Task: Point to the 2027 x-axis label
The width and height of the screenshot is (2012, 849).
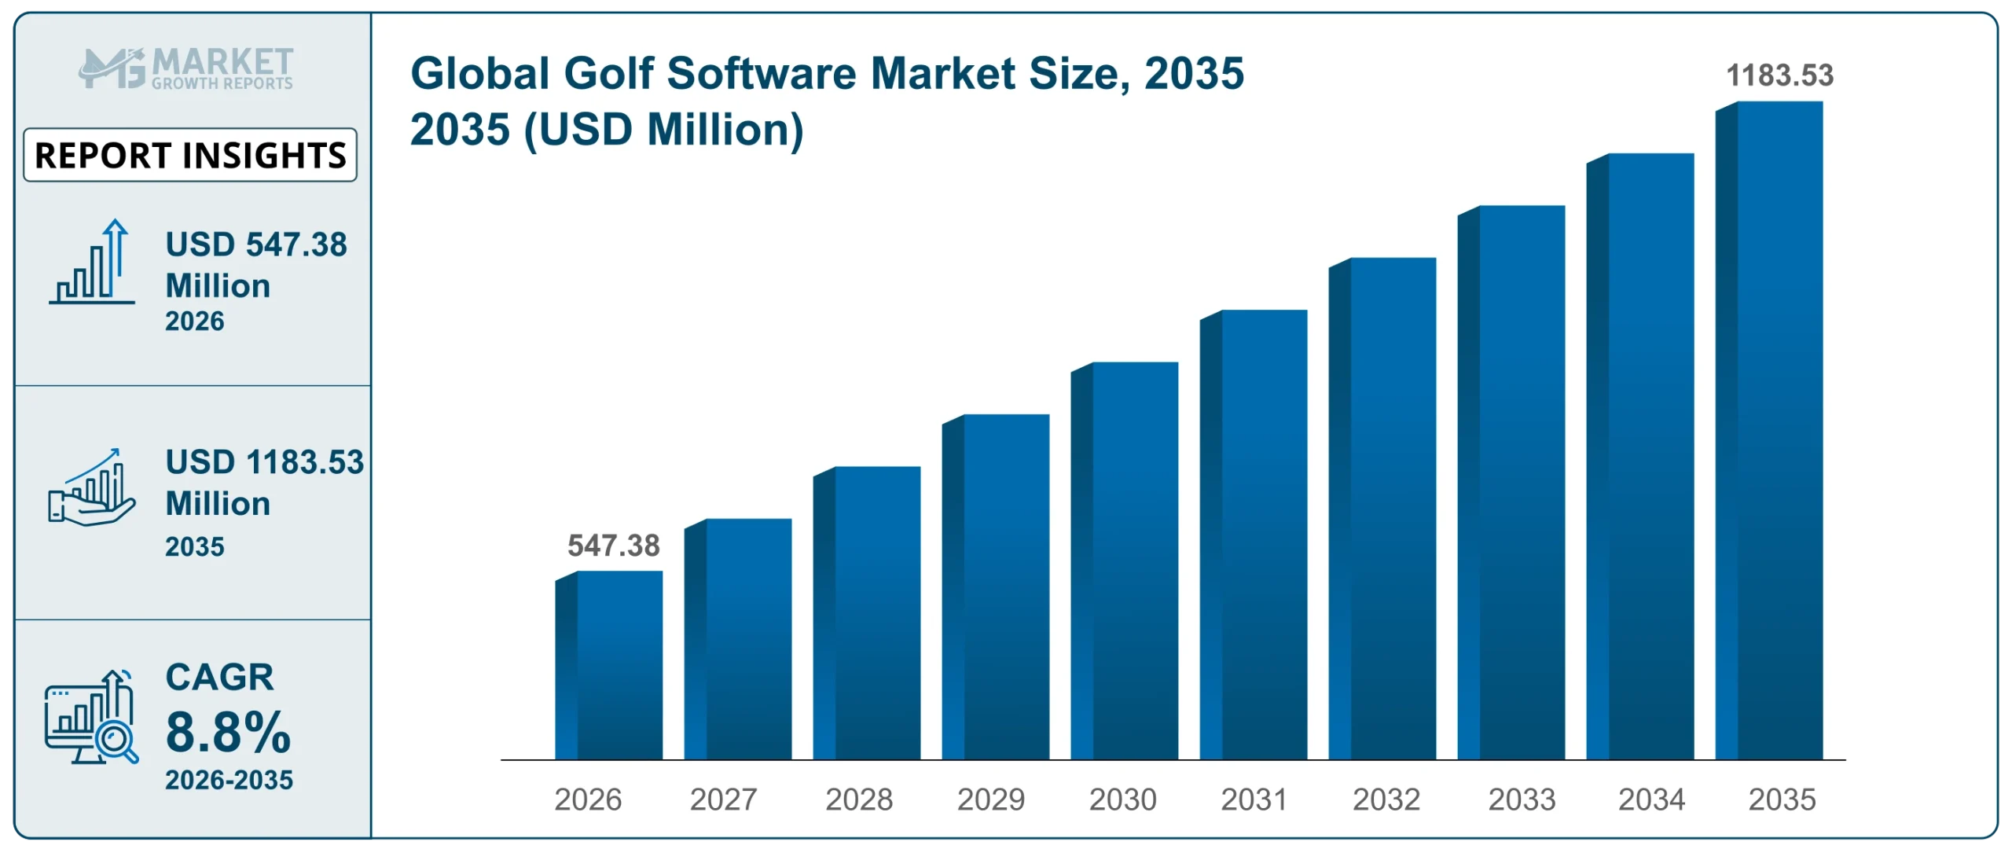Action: (x=723, y=799)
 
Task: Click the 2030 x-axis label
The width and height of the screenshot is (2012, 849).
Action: (x=1122, y=799)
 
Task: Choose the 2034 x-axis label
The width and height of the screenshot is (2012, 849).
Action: (x=1651, y=799)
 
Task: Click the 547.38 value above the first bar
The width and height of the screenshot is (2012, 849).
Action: (x=613, y=546)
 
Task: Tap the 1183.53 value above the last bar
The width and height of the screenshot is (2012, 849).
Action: (x=1779, y=75)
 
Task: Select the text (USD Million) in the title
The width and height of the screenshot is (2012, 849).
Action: (x=663, y=130)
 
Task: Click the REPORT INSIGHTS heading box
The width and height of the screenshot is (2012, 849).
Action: (x=190, y=155)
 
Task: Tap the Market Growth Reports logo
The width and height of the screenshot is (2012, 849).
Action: (x=186, y=68)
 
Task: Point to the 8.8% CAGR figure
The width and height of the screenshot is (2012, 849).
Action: (x=228, y=731)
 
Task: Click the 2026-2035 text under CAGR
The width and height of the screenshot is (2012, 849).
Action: (x=229, y=780)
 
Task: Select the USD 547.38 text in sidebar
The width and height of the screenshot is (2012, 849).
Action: (x=256, y=244)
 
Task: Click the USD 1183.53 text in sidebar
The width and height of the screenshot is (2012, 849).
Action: (x=264, y=462)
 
